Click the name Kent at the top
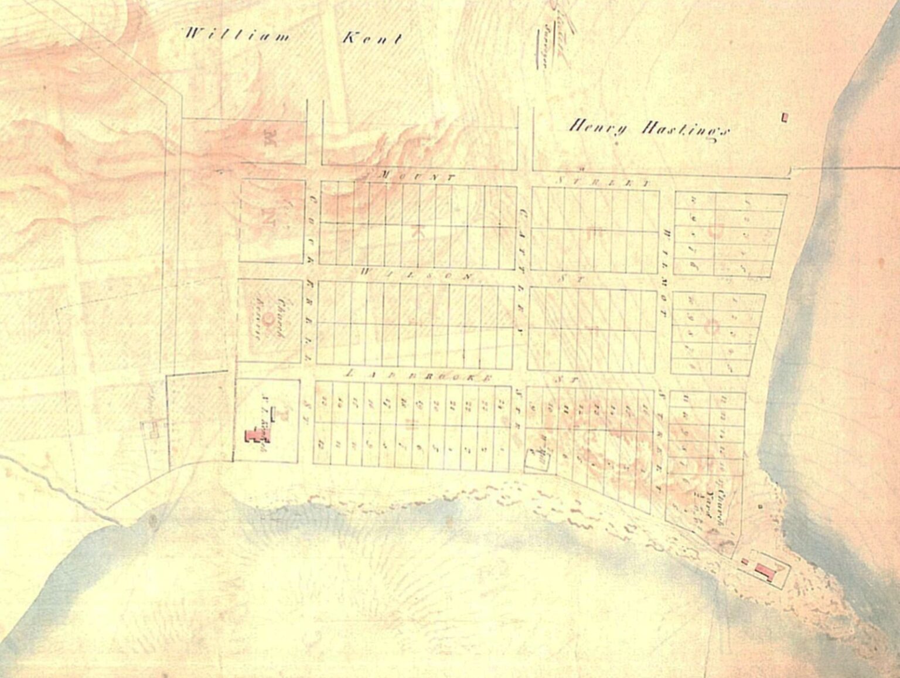coord(372,39)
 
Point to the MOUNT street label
coord(417,176)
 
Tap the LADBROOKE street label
coord(420,375)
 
